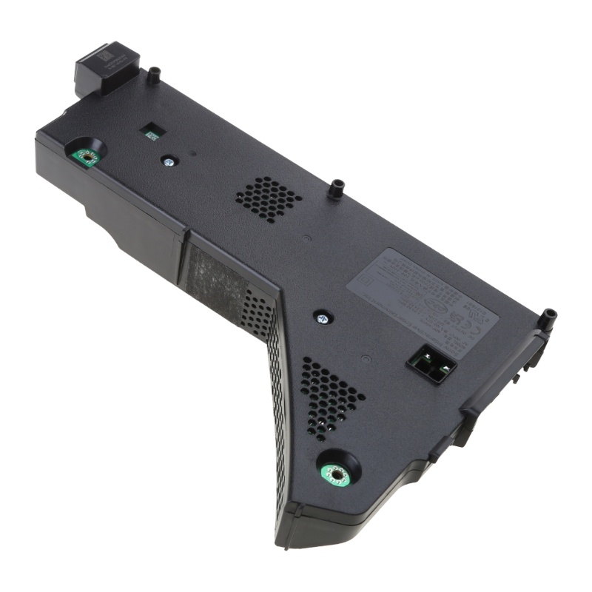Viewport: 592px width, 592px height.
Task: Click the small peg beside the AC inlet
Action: (154, 74)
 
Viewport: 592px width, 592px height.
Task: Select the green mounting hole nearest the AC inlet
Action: (87, 157)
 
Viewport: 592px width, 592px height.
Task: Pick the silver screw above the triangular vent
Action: (323, 318)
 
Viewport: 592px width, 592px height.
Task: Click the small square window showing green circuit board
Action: (152, 132)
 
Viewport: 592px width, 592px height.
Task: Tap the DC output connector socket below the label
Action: (431, 364)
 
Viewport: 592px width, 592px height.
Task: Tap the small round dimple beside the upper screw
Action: (192, 155)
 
